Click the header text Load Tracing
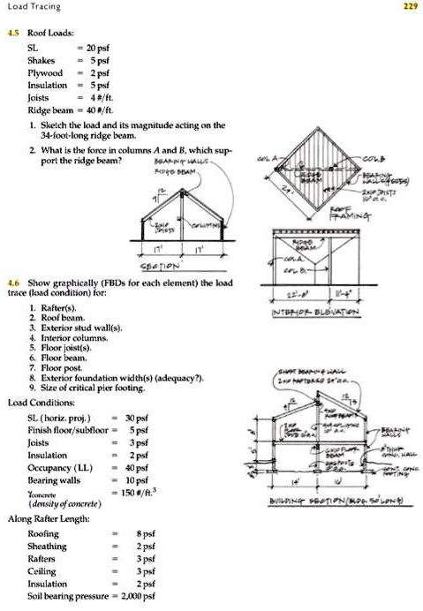pyautogui.click(x=33, y=6)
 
